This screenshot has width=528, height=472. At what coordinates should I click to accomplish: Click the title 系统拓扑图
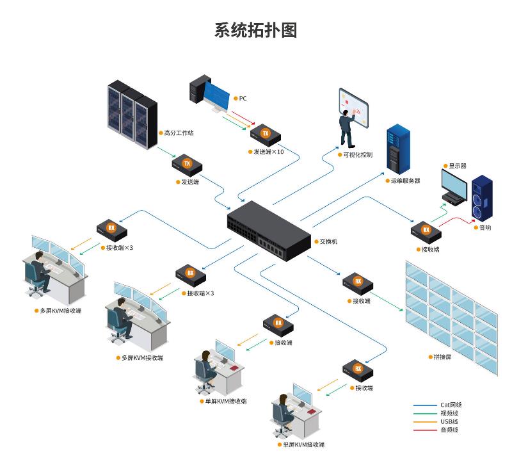pos(255,30)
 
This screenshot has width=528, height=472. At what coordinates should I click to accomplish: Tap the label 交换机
pos(328,242)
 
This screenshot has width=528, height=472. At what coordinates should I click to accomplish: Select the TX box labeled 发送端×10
pos(265,134)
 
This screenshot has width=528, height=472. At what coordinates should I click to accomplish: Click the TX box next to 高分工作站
pos(188,165)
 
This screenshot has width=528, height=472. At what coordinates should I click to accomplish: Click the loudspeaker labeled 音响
pos(484,199)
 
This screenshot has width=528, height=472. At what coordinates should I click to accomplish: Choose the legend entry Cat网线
pos(450,405)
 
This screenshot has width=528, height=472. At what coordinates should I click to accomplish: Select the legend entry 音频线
pos(449,430)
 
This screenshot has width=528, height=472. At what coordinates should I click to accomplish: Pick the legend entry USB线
pos(449,421)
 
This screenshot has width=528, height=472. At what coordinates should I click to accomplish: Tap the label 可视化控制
pos(358,154)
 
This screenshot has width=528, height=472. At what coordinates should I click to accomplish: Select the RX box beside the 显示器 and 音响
pos(426,231)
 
